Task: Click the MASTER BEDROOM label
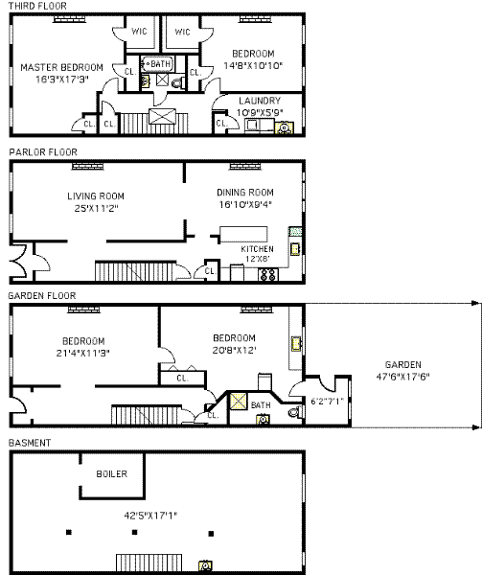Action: coord(61,67)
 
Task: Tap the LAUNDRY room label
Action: coord(260,101)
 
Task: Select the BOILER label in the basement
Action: coord(112,473)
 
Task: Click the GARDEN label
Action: coord(402,365)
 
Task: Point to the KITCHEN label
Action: coord(257,249)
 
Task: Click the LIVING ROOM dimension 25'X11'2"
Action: coord(96,208)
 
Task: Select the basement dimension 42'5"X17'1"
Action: coord(150,516)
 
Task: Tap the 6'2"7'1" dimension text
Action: coord(328,402)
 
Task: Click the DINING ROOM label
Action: coord(245,193)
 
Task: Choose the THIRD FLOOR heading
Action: coord(37,6)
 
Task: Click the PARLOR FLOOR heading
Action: coord(43,152)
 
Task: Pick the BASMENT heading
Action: coord(30,443)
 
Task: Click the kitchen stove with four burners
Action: coord(268,275)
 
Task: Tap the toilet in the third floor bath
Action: coord(178,83)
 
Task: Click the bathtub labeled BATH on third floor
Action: coord(158,64)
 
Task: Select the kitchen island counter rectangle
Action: coord(243,235)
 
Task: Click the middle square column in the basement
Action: coord(134,532)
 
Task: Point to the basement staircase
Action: coord(149,563)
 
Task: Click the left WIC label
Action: coord(139,32)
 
